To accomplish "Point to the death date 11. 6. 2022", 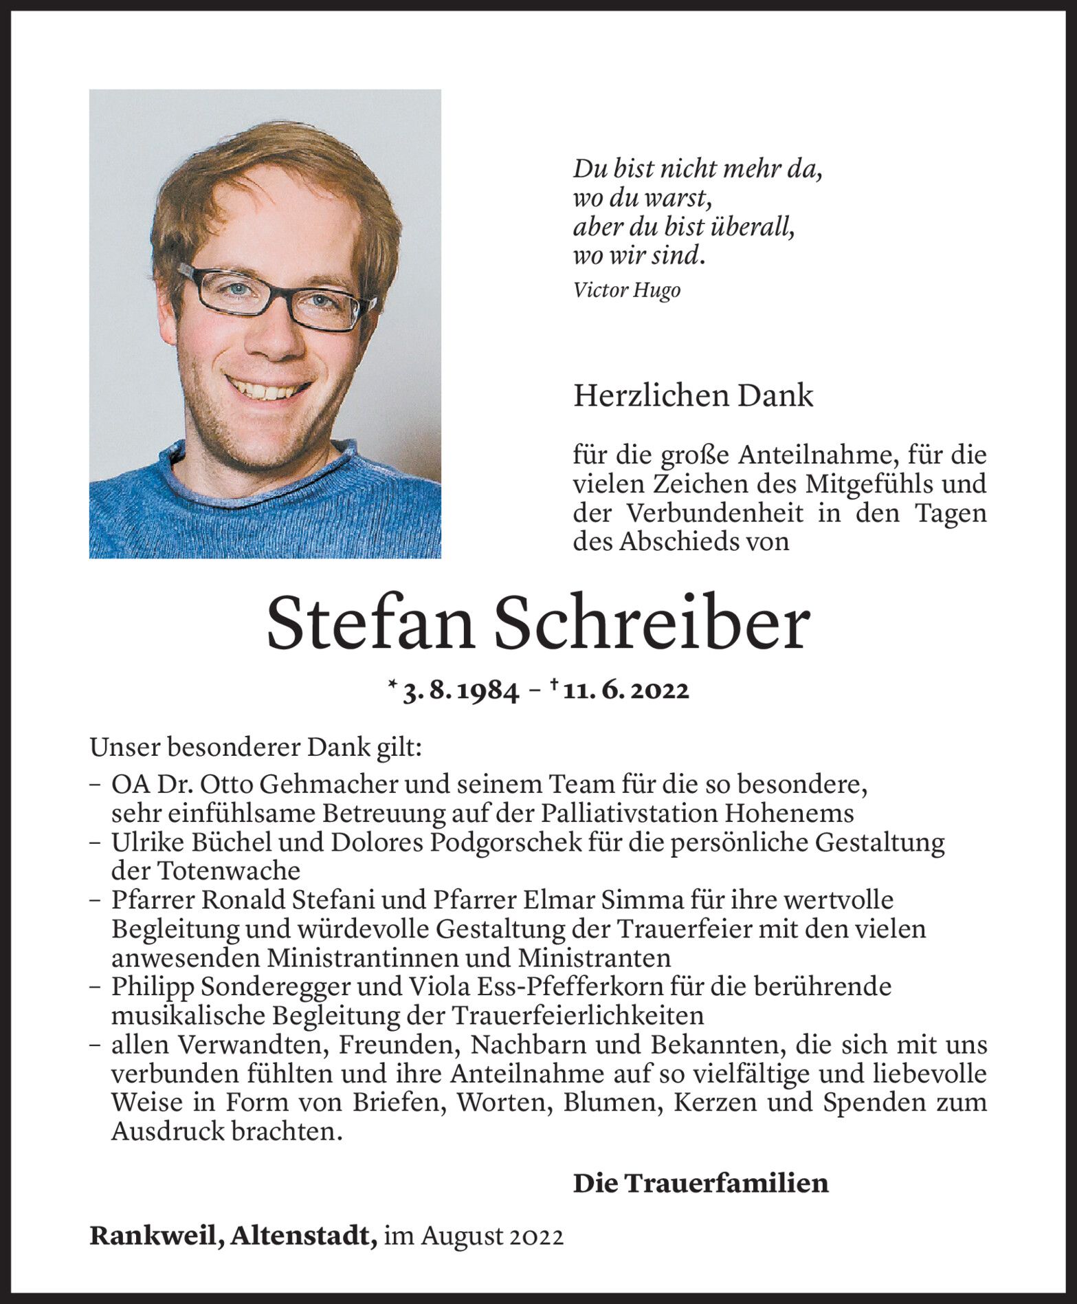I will coord(625,691).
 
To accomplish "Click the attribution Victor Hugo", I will coord(626,290).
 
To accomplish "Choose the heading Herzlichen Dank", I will coord(693,396).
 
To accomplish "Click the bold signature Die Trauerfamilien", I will coord(700,1184).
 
